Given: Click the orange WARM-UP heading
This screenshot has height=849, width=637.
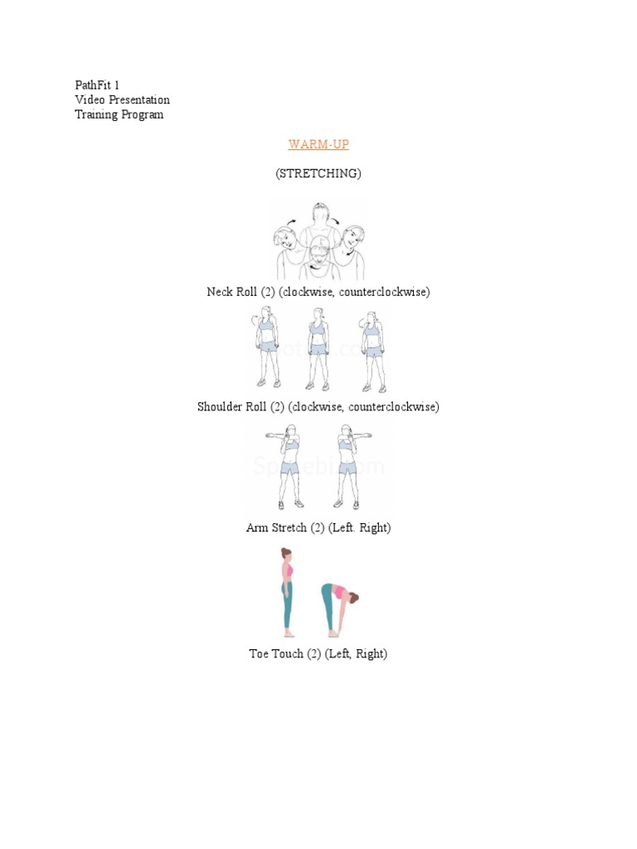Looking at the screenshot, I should click(318, 144).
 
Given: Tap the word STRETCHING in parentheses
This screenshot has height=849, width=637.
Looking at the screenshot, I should click(318, 173).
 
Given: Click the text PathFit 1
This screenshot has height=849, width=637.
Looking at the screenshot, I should click(97, 85).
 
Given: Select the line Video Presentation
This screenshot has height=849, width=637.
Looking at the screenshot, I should click(122, 100).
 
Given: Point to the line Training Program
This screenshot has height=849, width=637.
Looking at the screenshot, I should click(119, 114).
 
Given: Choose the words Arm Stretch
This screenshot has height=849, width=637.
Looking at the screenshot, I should click(276, 527).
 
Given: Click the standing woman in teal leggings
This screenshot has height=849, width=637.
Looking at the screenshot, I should click(287, 591).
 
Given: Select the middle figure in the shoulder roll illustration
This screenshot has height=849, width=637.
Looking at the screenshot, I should click(318, 348).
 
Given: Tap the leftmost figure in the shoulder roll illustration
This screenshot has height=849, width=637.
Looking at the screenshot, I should click(266, 348).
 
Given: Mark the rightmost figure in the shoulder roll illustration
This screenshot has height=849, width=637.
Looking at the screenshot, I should click(372, 348).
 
